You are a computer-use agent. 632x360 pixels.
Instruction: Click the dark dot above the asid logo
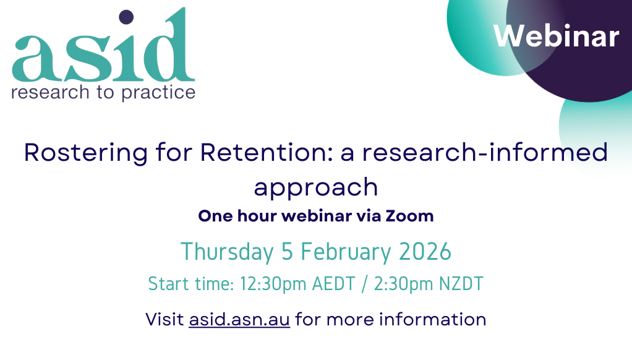[126, 17]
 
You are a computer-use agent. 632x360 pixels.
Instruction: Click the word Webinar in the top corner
[556, 36]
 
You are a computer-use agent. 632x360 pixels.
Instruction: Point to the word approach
[316, 186]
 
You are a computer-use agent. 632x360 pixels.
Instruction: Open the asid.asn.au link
[239, 319]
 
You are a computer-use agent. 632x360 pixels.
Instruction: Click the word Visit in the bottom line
[164, 319]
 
